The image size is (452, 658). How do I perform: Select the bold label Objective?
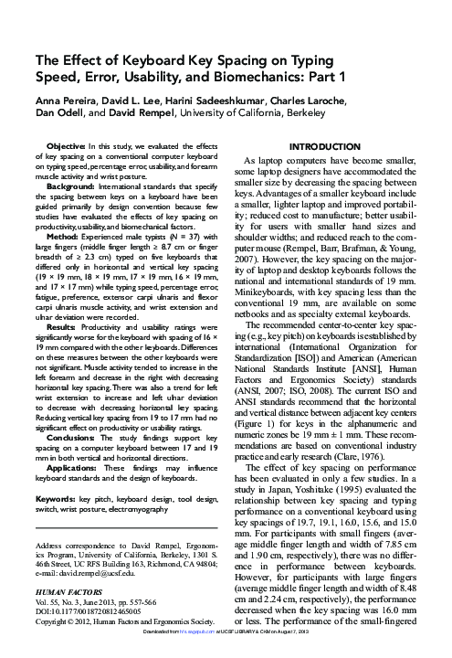pyautogui.click(x=65, y=145)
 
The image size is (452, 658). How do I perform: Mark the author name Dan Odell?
pyautogui.click(x=61, y=113)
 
